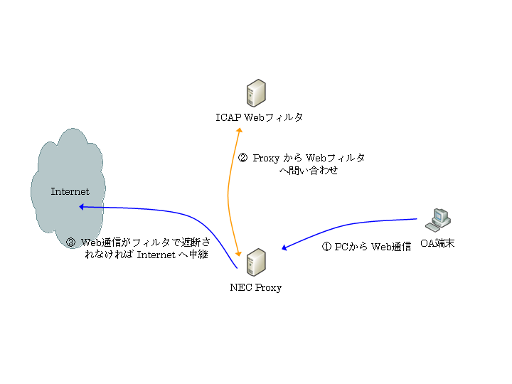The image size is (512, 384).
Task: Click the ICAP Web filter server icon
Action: click(256, 93)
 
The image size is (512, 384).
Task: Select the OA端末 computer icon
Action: click(437, 219)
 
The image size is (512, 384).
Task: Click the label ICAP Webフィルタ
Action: click(260, 117)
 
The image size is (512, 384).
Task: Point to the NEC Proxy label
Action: click(256, 288)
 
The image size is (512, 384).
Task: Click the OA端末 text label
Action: click(437, 244)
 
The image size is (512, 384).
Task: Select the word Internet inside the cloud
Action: click(70, 192)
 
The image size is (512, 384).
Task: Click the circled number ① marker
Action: click(327, 247)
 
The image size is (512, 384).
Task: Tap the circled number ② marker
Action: click(242, 159)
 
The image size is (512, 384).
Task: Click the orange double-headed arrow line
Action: click(228, 192)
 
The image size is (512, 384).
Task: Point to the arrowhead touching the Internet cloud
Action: click(82, 207)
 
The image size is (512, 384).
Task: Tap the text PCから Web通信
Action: click(373, 247)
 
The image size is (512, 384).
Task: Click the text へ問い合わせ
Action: click(309, 171)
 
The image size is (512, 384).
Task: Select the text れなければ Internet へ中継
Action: click(145, 255)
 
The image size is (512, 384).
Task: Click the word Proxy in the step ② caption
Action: click(267, 159)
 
